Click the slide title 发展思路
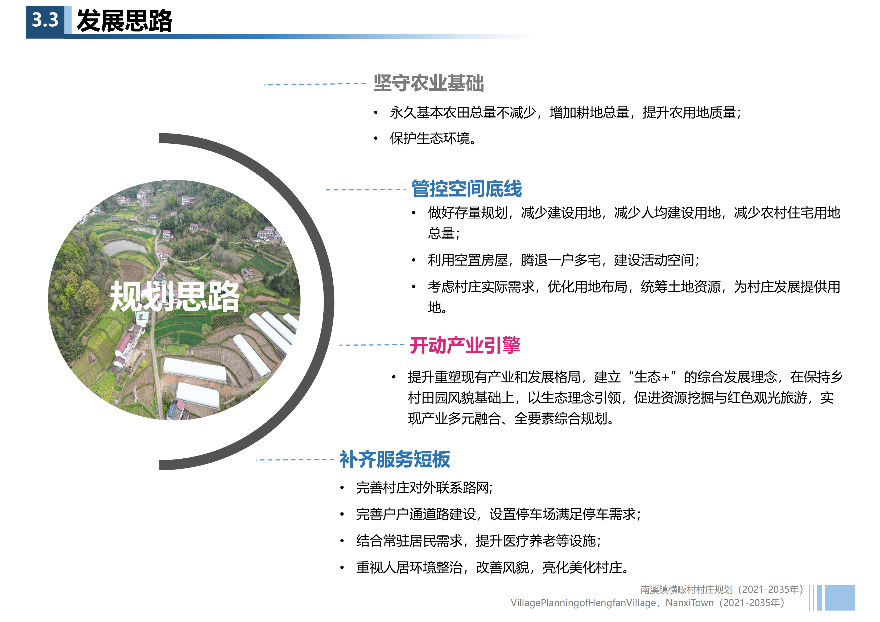125,21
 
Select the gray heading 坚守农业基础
428,83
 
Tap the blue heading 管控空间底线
466,189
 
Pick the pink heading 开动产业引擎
465,345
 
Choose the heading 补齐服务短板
395,459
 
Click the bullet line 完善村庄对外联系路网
424,487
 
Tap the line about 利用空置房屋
563,260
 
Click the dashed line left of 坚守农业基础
315,84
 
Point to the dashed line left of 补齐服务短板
295,459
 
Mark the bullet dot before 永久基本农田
376,113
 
